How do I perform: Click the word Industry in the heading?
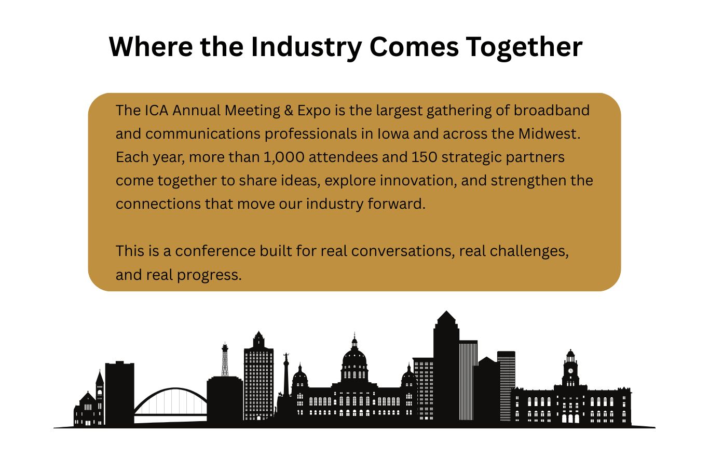[x=306, y=47]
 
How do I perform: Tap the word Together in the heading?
[x=524, y=47]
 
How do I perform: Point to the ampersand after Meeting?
[x=289, y=111]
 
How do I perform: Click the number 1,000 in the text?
[x=284, y=157]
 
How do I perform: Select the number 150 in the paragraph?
[x=424, y=157]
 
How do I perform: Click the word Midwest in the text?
[x=549, y=133]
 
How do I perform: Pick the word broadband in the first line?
[x=551, y=111]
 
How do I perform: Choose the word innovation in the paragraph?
[x=418, y=181]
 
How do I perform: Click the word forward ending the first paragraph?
[x=397, y=204]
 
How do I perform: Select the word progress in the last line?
[x=209, y=275]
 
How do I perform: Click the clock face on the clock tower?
[x=571, y=371]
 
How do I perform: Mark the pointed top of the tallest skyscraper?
[x=446, y=312]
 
